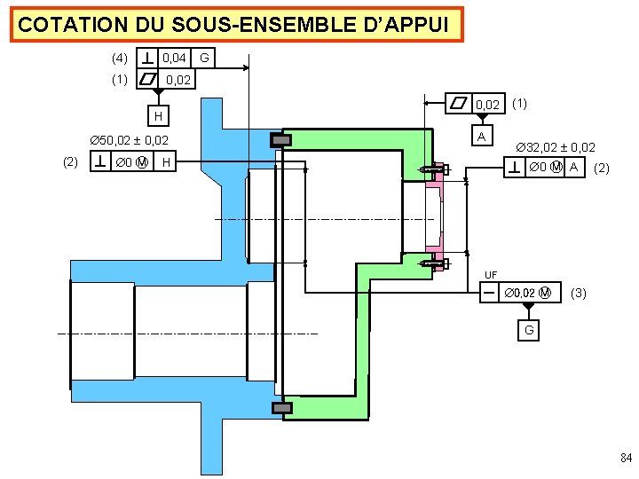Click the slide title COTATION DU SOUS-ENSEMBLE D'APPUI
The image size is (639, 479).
pyautogui.click(x=240, y=25)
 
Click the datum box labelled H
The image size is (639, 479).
pyautogui.click(x=157, y=115)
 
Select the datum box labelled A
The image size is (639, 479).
pyautogui.click(x=481, y=137)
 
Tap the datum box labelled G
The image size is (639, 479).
pyautogui.click(x=528, y=330)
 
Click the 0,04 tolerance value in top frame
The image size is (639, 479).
pyautogui.click(x=175, y=59)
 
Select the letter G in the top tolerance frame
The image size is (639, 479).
pyautogui.click(x=205, y=59)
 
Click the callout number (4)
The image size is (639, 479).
pyautogui.click(x=120, y=59)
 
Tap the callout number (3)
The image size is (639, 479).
pyautogui.click(x=579, y=292)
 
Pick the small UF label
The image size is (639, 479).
pyautogui.click(x=491, y=274)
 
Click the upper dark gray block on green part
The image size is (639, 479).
pyautogui.click(x=281, y=140)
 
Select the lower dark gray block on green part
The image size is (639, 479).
pyautogui.click(x=281, y=407)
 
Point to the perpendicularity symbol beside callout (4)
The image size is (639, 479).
pyautogui.click(x=146, y=59)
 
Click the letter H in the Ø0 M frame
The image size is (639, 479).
pyautogui.click(x=167, y=161)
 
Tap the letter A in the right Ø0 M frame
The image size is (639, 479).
pyautogui.click(x=574, y=167)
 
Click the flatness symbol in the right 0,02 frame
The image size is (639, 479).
pyautogui.click(x=459, y=105)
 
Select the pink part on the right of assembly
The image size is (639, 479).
pyautogui.click(x=436, y=212)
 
